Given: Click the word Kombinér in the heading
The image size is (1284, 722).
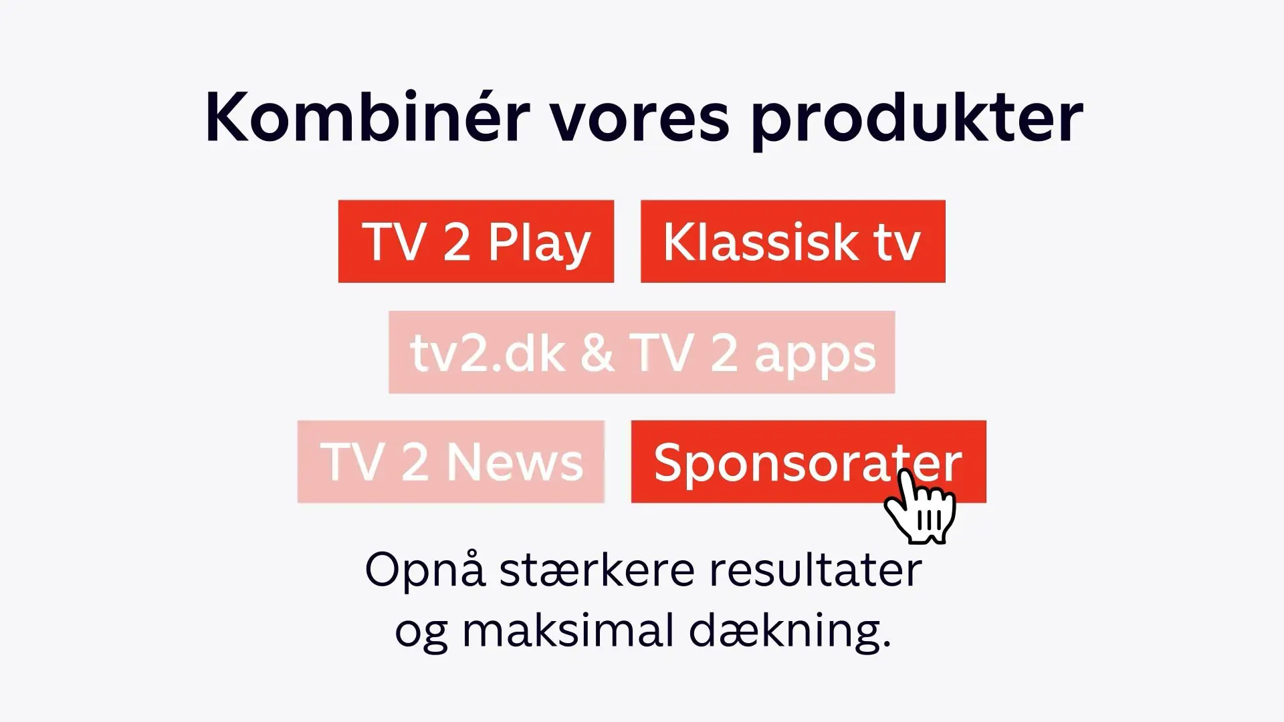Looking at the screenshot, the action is [x=367, y=116].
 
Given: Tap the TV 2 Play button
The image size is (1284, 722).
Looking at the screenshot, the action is [x=476, y=241].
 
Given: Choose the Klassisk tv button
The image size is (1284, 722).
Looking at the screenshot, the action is [x=793, y=241].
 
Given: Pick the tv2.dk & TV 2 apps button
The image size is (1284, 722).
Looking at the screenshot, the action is [x=642, y=352].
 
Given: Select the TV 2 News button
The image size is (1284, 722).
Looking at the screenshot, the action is [x=451, y=462].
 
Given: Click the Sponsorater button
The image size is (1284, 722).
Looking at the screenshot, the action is [x=809, y=461].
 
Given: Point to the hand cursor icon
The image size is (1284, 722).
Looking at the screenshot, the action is [x=920, y=506].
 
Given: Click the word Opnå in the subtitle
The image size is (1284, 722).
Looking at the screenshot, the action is [x=425, y=570].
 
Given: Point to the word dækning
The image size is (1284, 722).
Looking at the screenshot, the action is [x=790, y=632].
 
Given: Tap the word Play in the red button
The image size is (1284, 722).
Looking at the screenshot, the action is [x=539, y=244].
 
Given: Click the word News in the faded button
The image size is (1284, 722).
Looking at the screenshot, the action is [x=515, y=462].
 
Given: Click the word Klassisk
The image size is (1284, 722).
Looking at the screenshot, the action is [x=759, y=241].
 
